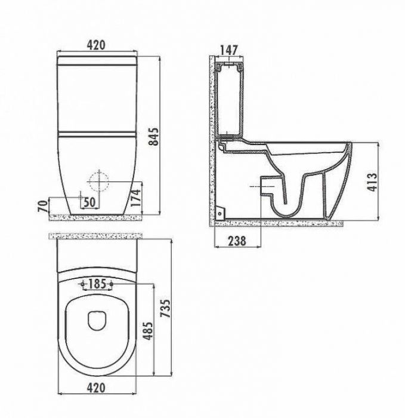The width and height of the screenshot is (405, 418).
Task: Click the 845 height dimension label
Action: coord(154,137)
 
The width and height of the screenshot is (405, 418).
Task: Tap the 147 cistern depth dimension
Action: coord(229,50)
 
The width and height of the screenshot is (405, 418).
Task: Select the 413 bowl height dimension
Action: coord(372,182)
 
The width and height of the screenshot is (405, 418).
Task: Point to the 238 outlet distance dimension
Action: coord(237,241)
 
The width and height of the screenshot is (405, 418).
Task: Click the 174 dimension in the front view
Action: coord(136,198)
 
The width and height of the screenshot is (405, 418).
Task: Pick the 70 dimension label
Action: coord(43,206)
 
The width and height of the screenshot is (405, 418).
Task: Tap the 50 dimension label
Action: coord(89,202)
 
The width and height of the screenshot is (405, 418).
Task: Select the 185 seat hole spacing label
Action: coord(97,284)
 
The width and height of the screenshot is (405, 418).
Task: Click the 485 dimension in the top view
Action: coord(148,331)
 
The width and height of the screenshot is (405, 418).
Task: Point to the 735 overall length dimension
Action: coord(165,309)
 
